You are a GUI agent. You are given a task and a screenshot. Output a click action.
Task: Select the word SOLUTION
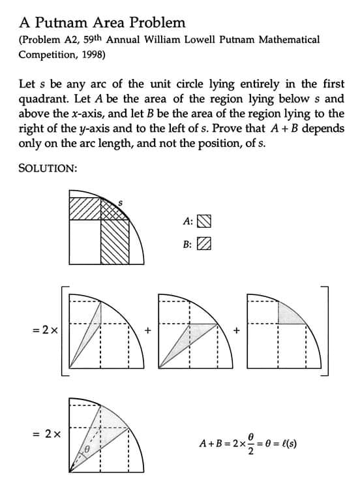click(x=48, y=168)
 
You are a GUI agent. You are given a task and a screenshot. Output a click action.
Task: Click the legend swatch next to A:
click(x=204, y=221)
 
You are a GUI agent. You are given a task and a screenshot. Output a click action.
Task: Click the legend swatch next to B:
click(x=204, y=244)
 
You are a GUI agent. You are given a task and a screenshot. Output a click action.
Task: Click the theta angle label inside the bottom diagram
click(x=84, y=451)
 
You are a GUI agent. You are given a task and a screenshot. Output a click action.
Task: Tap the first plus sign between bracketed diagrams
click(x=148, y=331)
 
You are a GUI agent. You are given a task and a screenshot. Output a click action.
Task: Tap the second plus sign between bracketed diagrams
click(x=237, y=331)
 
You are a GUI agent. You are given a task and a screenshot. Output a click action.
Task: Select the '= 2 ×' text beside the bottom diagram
click(x=47, y=433)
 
